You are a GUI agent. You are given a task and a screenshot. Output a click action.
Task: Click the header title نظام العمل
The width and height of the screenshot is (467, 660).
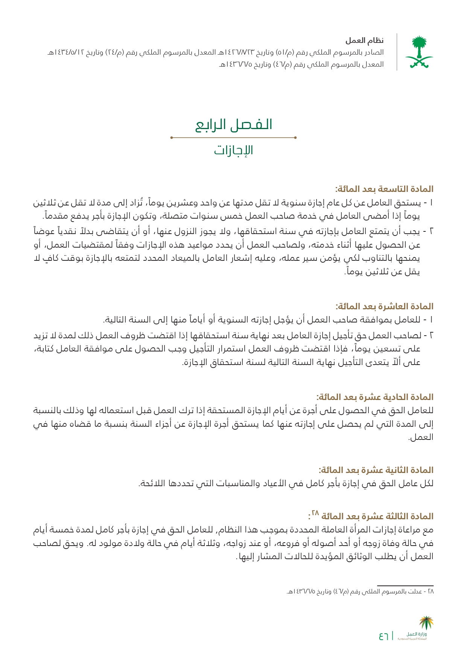365,41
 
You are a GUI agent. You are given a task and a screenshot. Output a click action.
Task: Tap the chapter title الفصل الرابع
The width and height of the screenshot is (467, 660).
234,125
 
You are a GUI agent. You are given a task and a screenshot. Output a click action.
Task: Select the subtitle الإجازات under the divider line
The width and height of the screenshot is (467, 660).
233,151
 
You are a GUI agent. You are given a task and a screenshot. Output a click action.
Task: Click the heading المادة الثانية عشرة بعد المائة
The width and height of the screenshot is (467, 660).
376,470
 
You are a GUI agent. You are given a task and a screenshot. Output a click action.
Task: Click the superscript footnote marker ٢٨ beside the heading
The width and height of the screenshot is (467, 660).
315,513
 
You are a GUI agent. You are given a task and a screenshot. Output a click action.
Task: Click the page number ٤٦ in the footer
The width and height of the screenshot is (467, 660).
383,636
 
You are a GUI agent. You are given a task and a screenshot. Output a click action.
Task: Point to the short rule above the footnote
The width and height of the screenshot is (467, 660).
405,585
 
